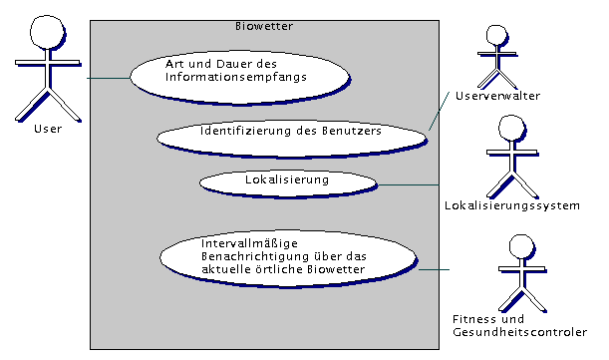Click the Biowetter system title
pos(263,27)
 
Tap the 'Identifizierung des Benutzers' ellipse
pos(291,133)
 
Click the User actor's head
pos(42,33)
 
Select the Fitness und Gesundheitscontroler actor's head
pos(520,247)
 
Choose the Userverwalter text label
pos(497,97)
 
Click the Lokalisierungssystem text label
pos(512,206)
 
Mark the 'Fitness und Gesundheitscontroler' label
pos(519,326)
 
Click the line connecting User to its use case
pos(108,78)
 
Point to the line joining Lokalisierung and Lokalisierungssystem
pos(409,184)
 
